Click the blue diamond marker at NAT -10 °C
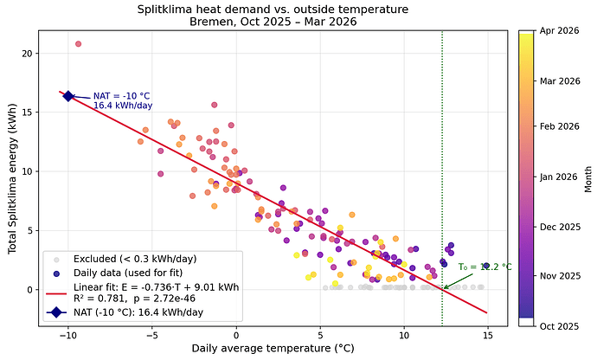tap(68, 96)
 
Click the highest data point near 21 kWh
tap(78, 43)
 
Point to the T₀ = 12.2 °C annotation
tap(485, 267)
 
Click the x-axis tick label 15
tap(487, 335)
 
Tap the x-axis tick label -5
tap(151, 335)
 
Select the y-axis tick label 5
tap(29, 230)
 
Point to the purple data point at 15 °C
tap(486, 266)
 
